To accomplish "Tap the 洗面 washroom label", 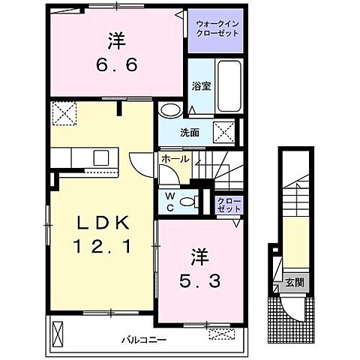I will [x=189, y=133].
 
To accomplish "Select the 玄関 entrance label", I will [x=294, y=283].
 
